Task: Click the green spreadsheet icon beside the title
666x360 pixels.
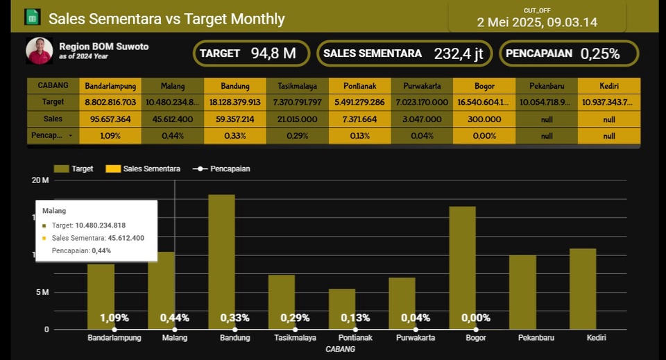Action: (32, 18)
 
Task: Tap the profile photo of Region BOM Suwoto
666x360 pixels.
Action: (40, 51)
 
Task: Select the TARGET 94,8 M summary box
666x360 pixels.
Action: (251, 53)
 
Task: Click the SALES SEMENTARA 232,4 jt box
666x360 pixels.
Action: (405, 53)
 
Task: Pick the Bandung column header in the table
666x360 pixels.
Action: (235, 86)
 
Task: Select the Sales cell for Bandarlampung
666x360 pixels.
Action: (110, 119)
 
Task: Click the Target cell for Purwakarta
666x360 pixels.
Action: (422, 103)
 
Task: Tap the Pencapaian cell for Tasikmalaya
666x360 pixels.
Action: (297, 136)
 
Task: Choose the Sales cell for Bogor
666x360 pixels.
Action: (484, 119)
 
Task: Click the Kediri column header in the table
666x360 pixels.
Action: (608, 86)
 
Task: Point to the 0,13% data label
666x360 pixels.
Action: (355, 318)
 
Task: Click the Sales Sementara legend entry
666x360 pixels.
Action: (143, 169)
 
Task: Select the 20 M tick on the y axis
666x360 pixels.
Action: (40, 180)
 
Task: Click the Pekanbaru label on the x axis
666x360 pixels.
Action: (537, 338)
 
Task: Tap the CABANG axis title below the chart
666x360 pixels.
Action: (340, 349)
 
